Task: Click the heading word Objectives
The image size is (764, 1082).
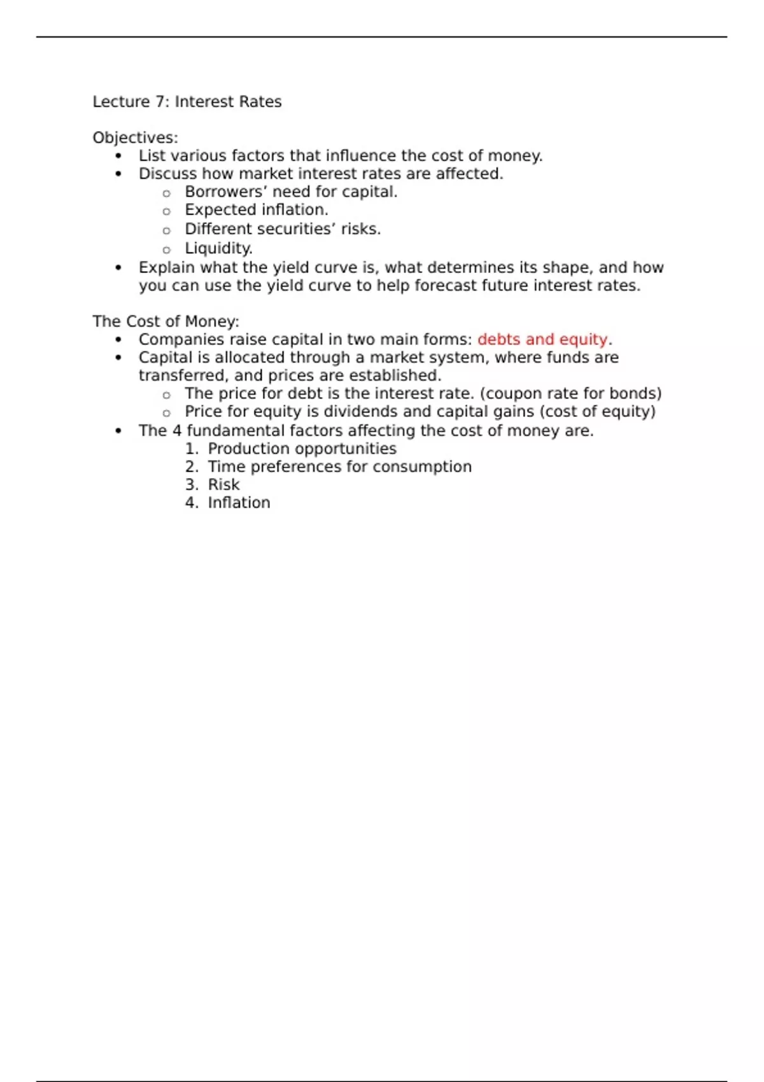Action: (134, 138)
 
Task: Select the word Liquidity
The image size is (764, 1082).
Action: (218, 249)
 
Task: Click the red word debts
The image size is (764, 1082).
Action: (499, 340)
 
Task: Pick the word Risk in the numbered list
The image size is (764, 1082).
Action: (223, 485)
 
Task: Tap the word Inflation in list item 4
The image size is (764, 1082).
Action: (239, 503)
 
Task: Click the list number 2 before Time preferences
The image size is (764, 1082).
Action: (191, 467)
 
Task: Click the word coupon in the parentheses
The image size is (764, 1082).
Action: (513, 394)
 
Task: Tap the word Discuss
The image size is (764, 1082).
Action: (167, 174)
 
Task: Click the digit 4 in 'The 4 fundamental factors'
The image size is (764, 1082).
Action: (177, 431)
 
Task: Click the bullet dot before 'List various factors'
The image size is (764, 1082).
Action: (118, 157)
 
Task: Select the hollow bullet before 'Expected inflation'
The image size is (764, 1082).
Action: (167, 211)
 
